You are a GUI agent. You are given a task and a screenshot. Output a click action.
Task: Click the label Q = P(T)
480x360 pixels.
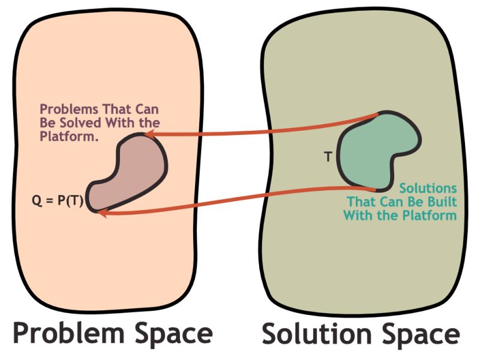pyautogui.click(x=57, y=201)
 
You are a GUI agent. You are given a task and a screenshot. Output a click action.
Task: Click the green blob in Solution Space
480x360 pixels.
pyautogui.click(x=376, y=150)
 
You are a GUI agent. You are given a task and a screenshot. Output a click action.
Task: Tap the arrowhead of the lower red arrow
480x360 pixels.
pyautogui.click(x=102, y=212)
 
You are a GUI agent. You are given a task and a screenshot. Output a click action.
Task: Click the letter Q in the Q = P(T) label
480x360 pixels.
pyautogui.click(x=35, y=201)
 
